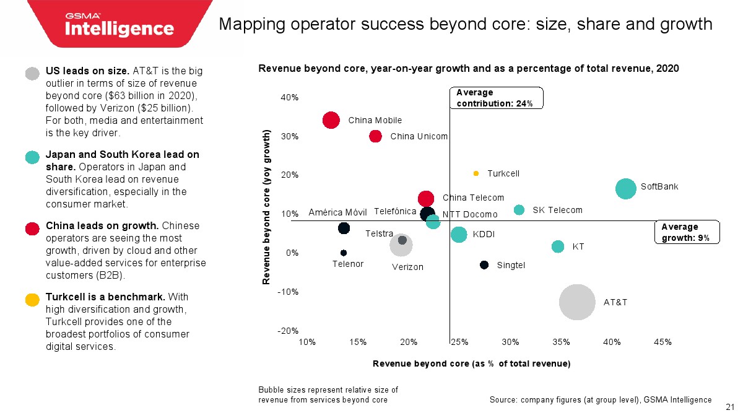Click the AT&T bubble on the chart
click(x=577, y=302)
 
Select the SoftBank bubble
click(x=626, y=189)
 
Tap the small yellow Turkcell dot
click(x=476, y=173)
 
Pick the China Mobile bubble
click(x=331, y=120)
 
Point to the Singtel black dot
click(x=484, y=265)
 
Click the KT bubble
click(x=558, y=246)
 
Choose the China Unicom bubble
click(x=376, y=136)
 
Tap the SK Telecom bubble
click(x=519, y=210)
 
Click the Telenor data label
click(x=348, y=263)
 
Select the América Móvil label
click(x=337, y=212)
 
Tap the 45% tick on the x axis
click(x=663, y=342)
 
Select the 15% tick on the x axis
click(x=358, y=342)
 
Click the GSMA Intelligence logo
click(x=120, y=25)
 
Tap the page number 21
click(x=729, y=407)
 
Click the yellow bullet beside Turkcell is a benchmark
click(x=33, y=300)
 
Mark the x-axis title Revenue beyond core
click(x=471, y=364)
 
